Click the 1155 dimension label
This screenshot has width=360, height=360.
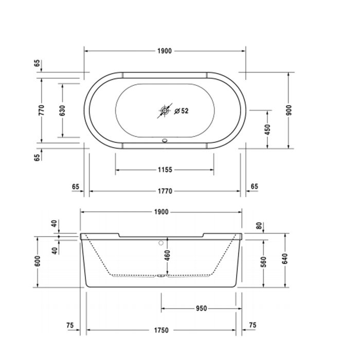point(165,169)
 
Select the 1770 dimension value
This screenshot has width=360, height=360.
point(165,191)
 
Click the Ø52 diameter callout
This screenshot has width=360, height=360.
point(182,111)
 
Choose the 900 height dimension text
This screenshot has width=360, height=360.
point(289,110)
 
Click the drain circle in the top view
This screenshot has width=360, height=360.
point(165,110)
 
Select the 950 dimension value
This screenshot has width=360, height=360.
point(201,309)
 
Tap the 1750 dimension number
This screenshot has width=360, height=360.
point(161,332)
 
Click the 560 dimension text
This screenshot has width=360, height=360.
point(264,261)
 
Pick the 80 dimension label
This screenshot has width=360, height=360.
point(259,226)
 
